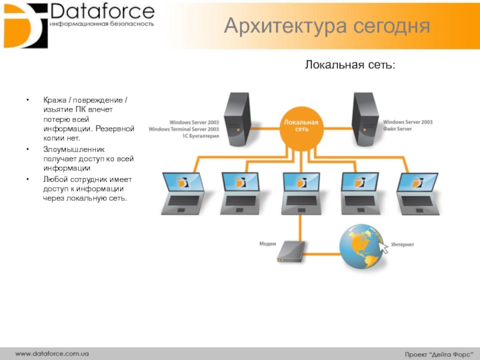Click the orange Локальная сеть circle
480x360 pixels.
(302, 126)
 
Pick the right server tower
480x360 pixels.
(365, 117)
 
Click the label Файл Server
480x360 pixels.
(398, 129)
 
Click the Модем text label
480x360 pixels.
(268, 244)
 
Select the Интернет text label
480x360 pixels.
(403, 245)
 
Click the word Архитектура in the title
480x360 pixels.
(276, 26)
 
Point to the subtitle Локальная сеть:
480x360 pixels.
(350, 64)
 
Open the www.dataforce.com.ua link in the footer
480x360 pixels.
(52, 353)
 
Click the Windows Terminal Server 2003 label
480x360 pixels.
(184, 129)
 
